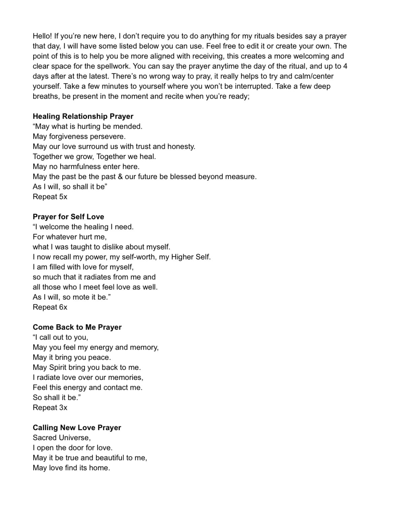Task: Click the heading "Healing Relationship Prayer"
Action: coord(83,116)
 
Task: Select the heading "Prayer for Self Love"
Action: coord(68,217)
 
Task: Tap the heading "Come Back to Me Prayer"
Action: coord(77,327)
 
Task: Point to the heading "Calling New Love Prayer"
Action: coord(77,427)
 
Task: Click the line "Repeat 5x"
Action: coord(50,197)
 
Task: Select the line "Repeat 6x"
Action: coord(50,307)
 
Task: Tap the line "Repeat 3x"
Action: coord(50,408)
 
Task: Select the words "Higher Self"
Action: coord(190,257)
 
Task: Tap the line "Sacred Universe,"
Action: coord(62,438)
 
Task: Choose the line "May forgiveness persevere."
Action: coord(79,136)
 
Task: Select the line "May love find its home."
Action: coord(71,468)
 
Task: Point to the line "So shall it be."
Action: coord(57,397)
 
